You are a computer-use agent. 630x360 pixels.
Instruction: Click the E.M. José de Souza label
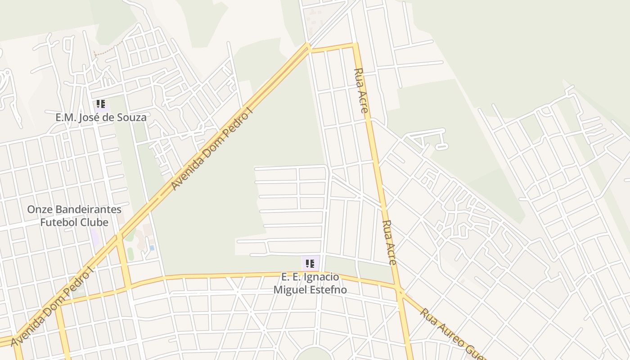[x=101, y=118]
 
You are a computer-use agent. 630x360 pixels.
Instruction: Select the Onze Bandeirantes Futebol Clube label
[x=74, y=216]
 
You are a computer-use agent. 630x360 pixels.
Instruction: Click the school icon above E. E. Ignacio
[x=310, y=264]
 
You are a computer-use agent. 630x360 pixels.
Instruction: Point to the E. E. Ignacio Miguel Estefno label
[x=310, y=283]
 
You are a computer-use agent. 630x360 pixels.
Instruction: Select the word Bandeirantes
[x=87, y=210]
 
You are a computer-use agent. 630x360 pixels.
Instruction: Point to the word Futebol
[x=56, y=223]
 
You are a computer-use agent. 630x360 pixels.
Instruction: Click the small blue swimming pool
[x=152, y=248]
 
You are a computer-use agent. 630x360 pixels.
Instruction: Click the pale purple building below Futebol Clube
[x=94, y=237]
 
